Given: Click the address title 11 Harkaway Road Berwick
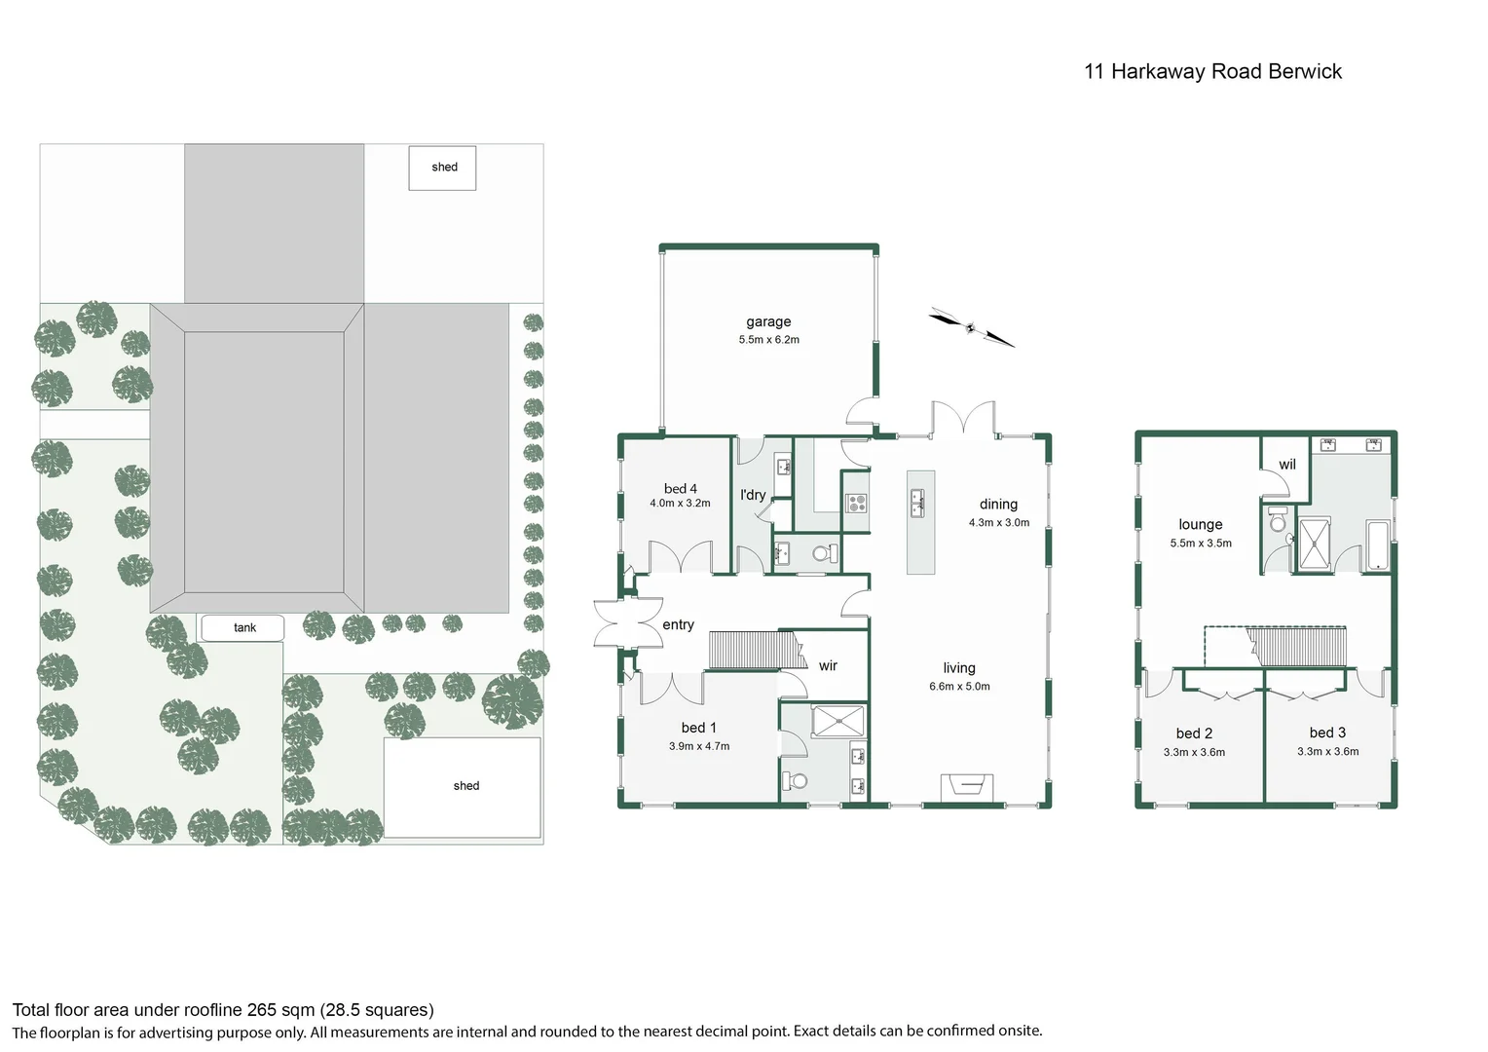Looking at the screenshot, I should click(x=1212, y=71).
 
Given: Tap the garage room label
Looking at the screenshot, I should click(x=768, y=321).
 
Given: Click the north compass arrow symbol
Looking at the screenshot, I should click(x=971, y=327).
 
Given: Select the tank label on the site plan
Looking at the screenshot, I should click(x=243, y=627).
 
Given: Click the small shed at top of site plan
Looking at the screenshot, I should click(x=443, y=168).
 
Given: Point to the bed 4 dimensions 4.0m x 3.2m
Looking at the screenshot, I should click(x=680, y=504).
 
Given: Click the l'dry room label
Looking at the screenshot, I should click(x=753, y=495).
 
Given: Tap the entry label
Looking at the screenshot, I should click(x=678, y=624).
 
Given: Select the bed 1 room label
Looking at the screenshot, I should click(x=698, y=728).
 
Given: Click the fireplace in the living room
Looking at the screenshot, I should click(x=966, y=785).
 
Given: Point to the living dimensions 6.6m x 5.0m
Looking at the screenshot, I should click(x=959, y=687).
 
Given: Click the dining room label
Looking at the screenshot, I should click(x=998, y=504).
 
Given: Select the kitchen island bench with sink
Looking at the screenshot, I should click(x=920, y=522).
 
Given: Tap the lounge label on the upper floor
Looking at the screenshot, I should click(x=1200, y=524).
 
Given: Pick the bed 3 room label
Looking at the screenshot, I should click(x=1327, y=733).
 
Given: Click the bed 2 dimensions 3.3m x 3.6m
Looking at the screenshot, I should click(x=1194, y=752).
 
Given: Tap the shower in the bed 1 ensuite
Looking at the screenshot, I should click(x=837, y=721).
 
